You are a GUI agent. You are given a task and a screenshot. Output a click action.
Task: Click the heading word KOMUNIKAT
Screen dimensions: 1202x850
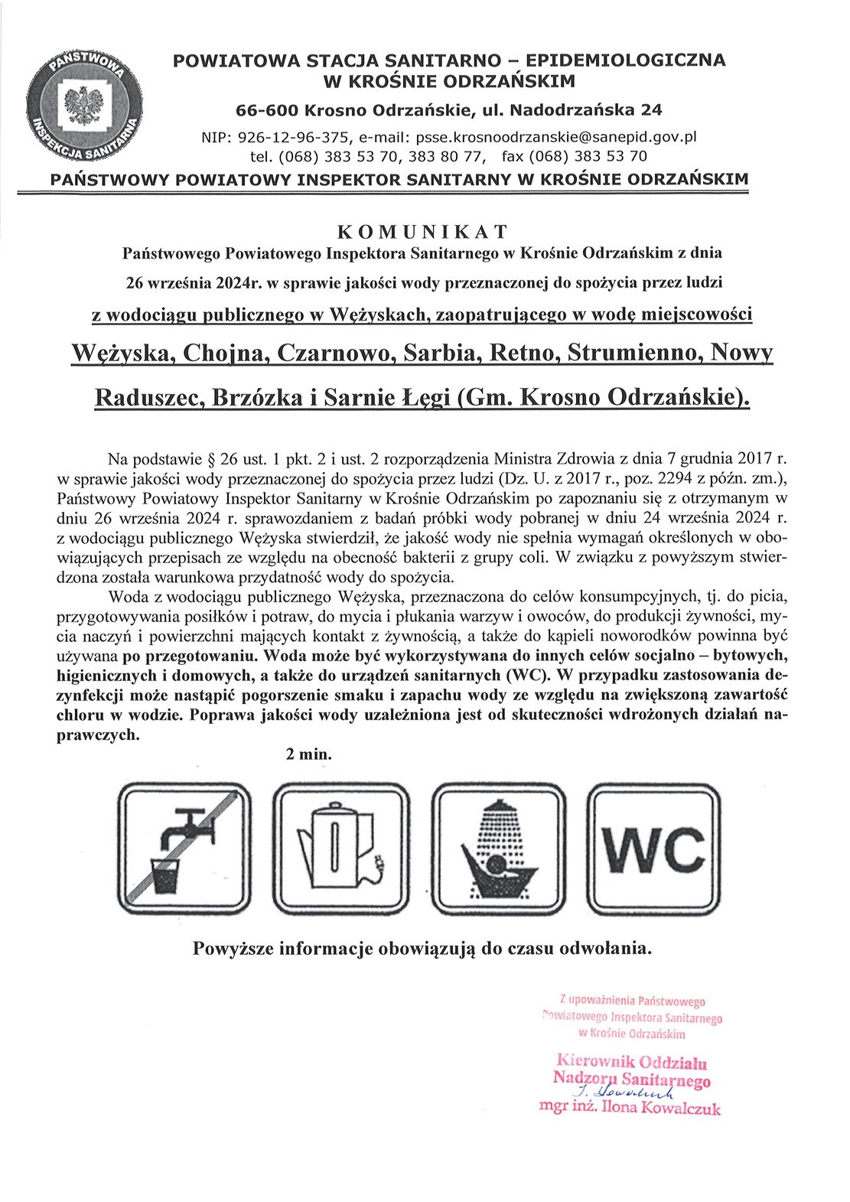[x=423, y=230]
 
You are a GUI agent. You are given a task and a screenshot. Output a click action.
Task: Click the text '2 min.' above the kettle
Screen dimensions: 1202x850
[x=309, y=754]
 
